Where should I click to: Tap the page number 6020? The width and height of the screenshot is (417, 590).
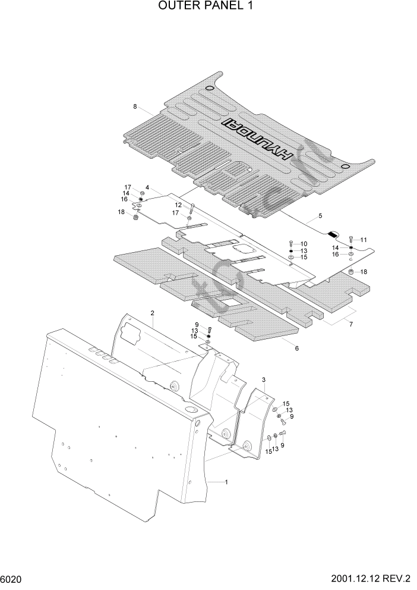coord(14,579)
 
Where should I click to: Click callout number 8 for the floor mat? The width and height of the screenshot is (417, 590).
coord(135,107)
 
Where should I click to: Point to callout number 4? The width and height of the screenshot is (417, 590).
coord(147,188)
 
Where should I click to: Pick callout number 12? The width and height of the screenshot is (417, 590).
coord(178,205)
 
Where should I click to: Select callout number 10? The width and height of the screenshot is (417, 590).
coord(304,244)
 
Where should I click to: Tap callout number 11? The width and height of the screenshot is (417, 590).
coord(364,240)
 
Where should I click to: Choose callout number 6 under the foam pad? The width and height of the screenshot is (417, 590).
coord(296,349)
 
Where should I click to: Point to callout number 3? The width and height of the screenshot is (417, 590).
coord(263,379)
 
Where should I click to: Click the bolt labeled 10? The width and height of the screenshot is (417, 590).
coord(290,244)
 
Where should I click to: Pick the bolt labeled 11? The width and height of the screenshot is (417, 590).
coord(351,240)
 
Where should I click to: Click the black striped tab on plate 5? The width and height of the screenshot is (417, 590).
coord(333,233)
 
